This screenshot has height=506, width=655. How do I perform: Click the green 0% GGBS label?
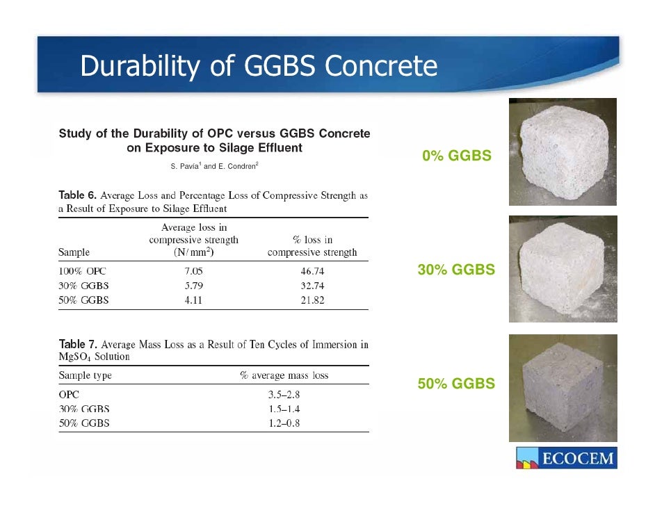pyautogui.click(x=457, y=156)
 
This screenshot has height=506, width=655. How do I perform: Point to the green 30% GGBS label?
pyautogui.click(x=456, y=270)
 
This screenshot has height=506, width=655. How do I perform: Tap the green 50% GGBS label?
pyautogui.click(x=456, y=383)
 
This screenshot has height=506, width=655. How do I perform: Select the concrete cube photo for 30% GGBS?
pyautogui.click(x=563, y=268)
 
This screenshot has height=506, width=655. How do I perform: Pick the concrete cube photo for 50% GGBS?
pyautogui.click(x=563, y=387)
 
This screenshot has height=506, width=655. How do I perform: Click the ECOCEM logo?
pyautogui.click(x=565, y=459)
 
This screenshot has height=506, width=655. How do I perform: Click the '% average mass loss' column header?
pyautogui.click(x=284, y=375)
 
